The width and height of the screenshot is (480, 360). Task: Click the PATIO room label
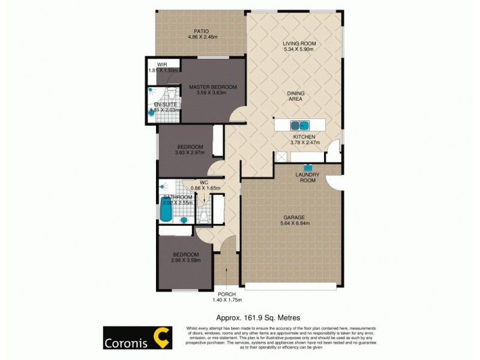(201, 31)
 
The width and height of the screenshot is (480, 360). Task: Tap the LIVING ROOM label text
(299, 44)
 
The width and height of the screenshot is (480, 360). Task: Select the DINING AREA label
(295, 96)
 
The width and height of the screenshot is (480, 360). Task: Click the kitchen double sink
(299, 125)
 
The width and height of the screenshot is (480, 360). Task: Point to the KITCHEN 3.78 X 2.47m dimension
(303, 143)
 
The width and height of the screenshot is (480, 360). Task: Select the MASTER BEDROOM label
(213, 87)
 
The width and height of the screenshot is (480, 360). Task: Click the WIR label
(161, 64)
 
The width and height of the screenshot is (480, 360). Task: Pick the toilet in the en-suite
(171, 94)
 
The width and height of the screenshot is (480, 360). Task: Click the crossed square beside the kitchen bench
(280, 157)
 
